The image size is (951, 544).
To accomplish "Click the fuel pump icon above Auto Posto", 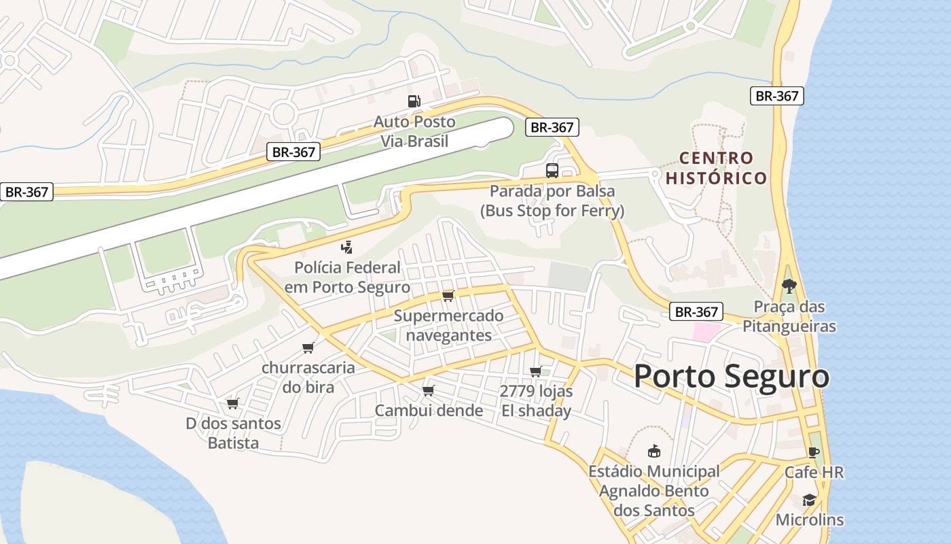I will (414, 101).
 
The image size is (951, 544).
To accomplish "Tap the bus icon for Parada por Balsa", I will (552, 171).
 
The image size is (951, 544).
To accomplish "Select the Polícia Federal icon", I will (347, 247).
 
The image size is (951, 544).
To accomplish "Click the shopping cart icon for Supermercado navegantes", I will (448, 296).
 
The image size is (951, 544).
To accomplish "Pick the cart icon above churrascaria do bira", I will (308, 347).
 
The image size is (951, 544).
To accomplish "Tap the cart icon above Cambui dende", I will (428, 390).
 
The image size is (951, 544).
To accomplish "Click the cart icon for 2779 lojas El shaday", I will (535, 371).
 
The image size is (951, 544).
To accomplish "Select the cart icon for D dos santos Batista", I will (232, 403).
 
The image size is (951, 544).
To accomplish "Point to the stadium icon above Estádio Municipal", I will (653, 451).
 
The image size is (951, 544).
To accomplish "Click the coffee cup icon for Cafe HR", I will (813, 452).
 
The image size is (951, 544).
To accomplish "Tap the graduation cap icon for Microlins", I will (808, 500).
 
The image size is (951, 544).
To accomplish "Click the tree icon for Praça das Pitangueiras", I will (788, 286).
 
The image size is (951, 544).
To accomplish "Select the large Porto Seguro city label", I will (731, 377).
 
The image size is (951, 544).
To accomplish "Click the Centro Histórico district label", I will (716, 168).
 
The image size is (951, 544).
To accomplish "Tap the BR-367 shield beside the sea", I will (776, 96).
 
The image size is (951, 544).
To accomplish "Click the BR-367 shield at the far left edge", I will (26, 192).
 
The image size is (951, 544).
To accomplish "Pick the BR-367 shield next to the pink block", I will (696, 312).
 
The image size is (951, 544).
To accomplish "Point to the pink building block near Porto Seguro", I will (706, 333).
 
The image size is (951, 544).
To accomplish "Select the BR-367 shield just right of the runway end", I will (552, 127).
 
